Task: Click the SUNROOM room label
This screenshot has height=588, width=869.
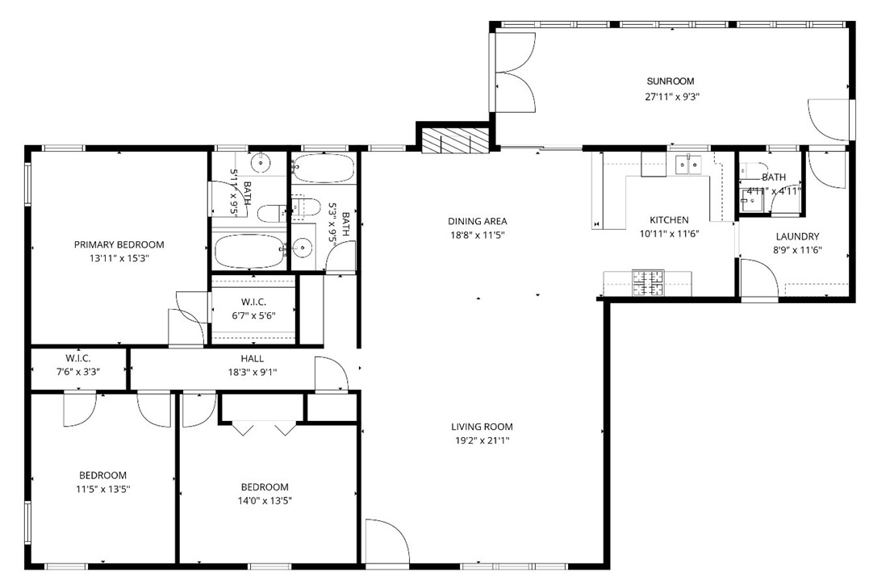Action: (670, 81)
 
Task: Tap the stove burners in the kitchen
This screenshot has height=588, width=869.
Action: (647, 281)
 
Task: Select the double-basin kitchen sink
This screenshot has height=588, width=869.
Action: (689, 165)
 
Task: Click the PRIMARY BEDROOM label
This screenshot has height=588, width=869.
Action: (119, 244)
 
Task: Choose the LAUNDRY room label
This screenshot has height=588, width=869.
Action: (797, 236)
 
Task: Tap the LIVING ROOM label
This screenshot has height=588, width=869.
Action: (482, 427)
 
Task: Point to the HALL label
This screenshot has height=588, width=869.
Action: (252, 358)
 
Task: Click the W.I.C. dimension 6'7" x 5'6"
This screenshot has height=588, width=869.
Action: (253, 316)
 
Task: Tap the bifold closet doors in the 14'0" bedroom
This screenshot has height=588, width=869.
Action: (265, 427)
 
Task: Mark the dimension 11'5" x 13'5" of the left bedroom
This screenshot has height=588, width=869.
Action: (102, 489)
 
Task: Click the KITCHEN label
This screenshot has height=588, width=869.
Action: (670, 220)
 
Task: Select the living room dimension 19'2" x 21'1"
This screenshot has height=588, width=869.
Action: (482, 440)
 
